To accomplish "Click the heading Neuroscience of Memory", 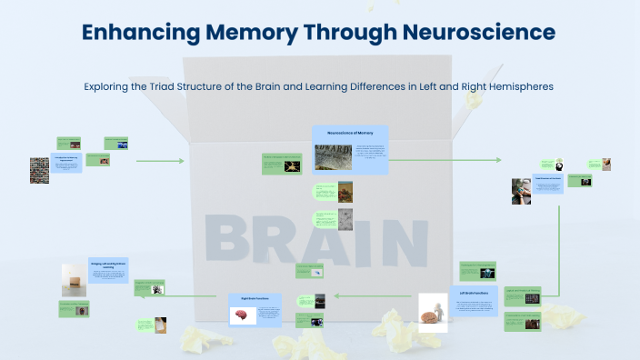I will tap(350, 134).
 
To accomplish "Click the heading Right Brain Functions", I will tap(255, 298).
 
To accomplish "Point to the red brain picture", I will tap(243, 315).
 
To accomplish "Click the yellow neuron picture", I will tap(292, 166).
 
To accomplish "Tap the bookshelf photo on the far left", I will tap(39, 171).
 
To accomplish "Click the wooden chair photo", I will tap(74, 279).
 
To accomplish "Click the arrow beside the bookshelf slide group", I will tap(160, 161).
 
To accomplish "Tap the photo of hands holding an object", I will tap(521, 191).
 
